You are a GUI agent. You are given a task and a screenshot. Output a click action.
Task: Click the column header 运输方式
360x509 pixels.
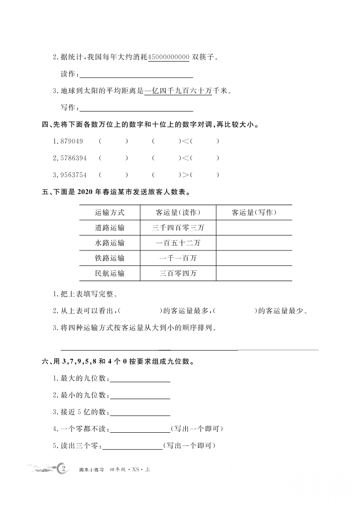(x=109, y=212)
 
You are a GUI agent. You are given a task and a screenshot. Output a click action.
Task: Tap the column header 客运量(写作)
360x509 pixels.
(x=254, y=212)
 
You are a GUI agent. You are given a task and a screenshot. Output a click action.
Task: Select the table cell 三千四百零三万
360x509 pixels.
(x=178, y=228)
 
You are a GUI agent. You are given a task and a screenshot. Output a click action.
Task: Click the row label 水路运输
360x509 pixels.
(x=109, y=243)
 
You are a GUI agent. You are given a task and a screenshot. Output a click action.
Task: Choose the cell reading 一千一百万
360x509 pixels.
(x=178, y=258)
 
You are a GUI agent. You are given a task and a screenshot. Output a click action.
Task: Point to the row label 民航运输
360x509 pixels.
(x=109, y=273)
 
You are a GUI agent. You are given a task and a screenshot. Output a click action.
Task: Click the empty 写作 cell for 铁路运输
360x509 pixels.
(x=254, y=258)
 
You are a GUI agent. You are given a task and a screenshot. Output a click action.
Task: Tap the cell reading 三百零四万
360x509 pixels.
(x=178, y=273)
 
